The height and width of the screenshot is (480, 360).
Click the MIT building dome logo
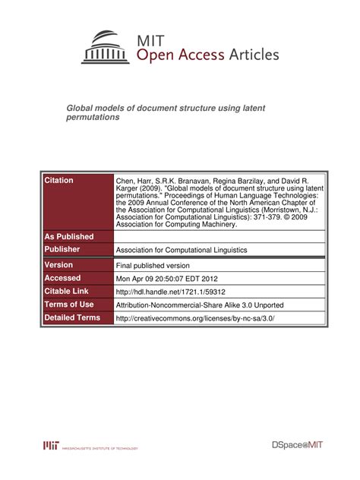coord(106,47)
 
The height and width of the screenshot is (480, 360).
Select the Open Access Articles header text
coord(207,55)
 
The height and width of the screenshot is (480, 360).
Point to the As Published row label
coord(69,236)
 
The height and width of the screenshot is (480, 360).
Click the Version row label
coord(59,265)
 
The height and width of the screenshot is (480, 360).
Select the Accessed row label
coord(63,278)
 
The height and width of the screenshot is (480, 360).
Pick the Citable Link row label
coord(67,291)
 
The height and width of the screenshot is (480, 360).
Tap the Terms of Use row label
coord(69,304)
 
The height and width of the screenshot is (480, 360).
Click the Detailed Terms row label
coord(73,317)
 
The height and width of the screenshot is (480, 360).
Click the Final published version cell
coord(153,266)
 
